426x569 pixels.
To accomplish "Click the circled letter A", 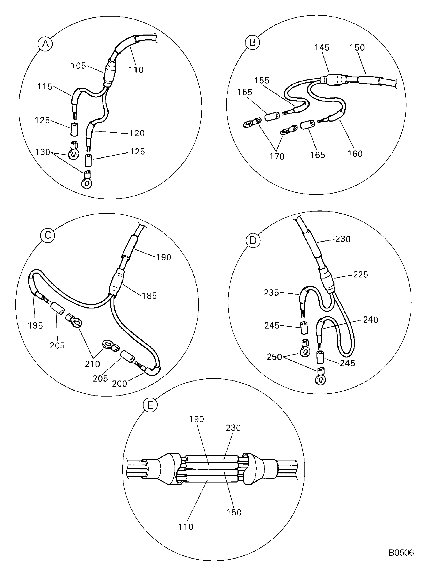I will pos(45,44).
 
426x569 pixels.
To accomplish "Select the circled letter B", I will pos(252,42).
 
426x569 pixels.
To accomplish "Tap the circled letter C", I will pos(48,235).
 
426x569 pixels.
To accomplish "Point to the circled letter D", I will pos(253,240).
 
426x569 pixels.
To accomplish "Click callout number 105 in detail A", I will pos(78,66).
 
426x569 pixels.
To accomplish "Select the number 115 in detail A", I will pos(45,86).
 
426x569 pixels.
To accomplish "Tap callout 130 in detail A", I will pos(42,152).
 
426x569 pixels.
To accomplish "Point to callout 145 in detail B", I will pos(322,48).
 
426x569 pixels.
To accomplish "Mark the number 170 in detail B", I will pos(277,156).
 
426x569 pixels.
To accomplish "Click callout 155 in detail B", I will pos(262,81).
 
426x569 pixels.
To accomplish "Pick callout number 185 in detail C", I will pos(149,296).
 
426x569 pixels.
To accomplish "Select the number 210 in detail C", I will pos(92,364).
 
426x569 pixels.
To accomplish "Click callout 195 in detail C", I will pos(35,326).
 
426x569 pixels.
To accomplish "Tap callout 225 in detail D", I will pos(360,274).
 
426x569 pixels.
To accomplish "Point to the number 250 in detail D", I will pos(274,357).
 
